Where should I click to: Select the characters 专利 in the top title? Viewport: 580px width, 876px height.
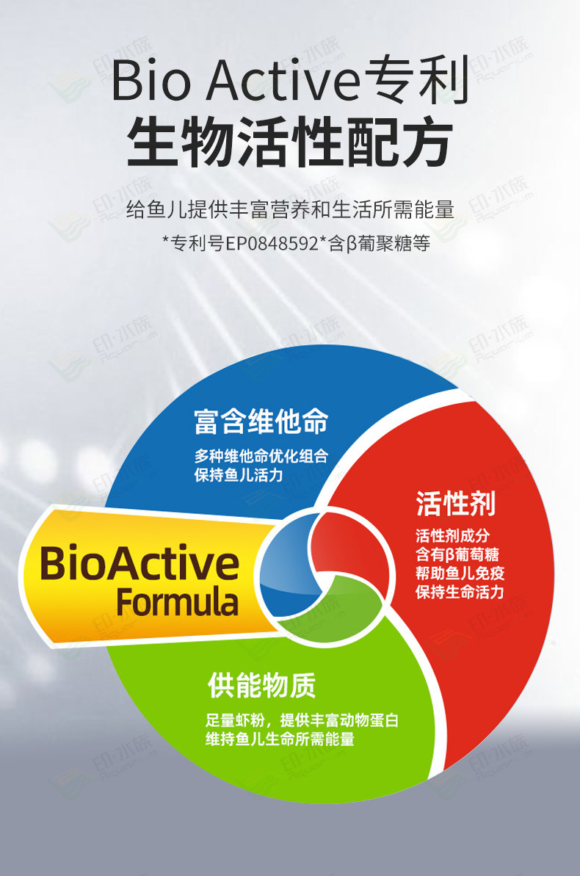(x=416, y=81)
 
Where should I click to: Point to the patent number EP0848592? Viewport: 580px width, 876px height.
(x=272, y=244)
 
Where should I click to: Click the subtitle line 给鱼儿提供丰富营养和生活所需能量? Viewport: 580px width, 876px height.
(x=290, y=209)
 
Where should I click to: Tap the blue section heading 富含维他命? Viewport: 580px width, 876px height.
(x=261, y=421)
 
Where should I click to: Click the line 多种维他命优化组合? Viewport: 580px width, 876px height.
(x=261, y=456)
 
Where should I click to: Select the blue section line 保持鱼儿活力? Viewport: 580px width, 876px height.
(x=239, y=475)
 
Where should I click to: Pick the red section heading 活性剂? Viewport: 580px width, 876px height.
(x=455, y=504)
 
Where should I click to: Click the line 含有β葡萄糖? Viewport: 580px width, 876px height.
(x=457, y=554)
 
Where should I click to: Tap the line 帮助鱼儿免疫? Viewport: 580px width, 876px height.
(x=460, y=573)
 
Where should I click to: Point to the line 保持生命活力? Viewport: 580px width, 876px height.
(x=460, y=592)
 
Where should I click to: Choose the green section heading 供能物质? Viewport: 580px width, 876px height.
(x=261, y=685)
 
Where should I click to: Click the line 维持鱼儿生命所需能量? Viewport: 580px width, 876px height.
(x=280, y=739)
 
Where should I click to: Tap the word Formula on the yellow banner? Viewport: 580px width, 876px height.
(x=177, y=601)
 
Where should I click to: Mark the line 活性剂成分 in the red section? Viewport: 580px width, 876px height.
(x=452, y=536)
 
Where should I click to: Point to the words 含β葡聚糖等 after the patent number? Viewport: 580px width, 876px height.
(x=380, y=244)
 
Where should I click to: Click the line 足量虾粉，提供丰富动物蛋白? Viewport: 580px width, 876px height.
(x=302, y=720)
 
